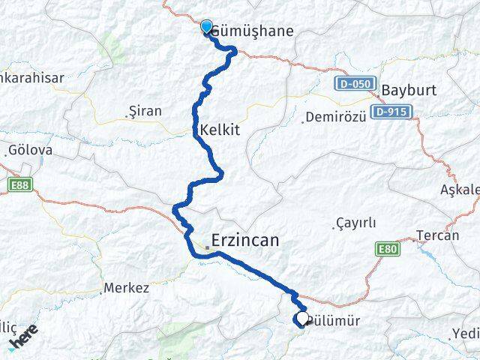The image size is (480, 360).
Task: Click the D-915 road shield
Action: click(x=390, y=111)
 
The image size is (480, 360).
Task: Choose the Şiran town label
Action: click(x=145, y=111)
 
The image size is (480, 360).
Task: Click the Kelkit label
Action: click(x=220, y=130)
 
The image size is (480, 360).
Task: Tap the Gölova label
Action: click(x=30, y=151)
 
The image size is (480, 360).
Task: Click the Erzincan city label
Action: click(x=245, y=241)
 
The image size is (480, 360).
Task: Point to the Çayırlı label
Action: click(x=355, y=223)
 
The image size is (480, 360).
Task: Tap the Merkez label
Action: click(x=126, y=287)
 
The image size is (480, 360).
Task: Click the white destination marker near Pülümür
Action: click(x=301, y=319)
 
